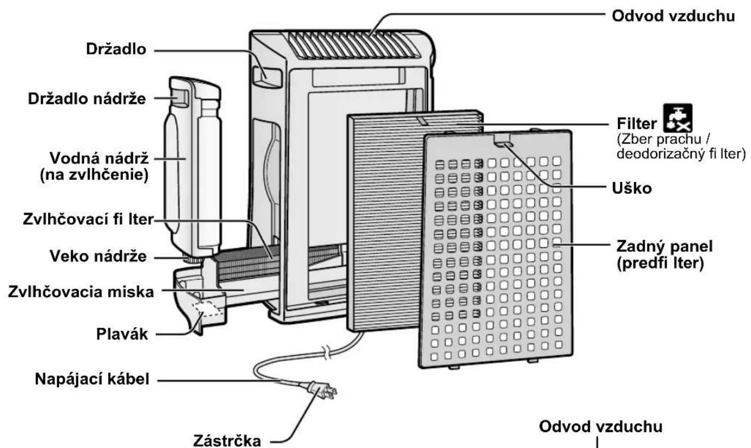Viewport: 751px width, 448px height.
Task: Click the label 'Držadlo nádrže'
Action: coord(87,99)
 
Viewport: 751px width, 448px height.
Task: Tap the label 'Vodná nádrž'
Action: coord(99,158)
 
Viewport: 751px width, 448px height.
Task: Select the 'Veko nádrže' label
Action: coord(98,256)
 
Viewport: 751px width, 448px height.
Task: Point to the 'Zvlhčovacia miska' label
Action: coord(81,292)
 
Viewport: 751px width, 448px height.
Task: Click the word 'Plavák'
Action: coord(122,334)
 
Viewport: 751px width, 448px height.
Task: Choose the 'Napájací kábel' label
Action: coord(92,379)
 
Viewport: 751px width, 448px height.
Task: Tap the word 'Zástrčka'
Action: coord(227,441)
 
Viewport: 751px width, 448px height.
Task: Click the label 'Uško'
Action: coord(632,189)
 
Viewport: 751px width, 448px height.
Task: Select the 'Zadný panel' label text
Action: coord(664,247)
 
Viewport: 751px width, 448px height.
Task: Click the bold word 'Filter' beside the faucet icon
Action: coord(637,124)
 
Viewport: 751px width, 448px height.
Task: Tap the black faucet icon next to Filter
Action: coord(677,118)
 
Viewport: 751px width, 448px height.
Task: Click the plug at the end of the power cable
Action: coord(323,391)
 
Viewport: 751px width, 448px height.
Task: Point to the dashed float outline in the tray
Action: coord(208,309)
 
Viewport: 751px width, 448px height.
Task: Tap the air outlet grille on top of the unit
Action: coord(352,45)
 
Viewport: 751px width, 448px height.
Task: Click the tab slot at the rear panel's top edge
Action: coord(503,143)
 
